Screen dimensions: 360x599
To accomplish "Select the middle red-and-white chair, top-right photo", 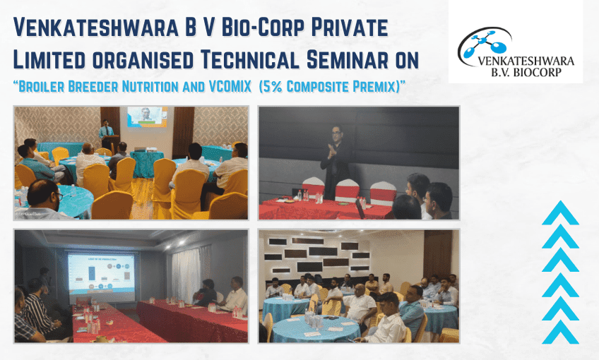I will (x=347, y=191).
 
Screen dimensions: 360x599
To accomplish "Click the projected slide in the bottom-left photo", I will (x=101, y=272).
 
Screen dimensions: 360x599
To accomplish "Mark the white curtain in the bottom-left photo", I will (x=186, y=272).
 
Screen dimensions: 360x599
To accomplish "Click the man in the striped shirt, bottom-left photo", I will (x=39, y=311).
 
